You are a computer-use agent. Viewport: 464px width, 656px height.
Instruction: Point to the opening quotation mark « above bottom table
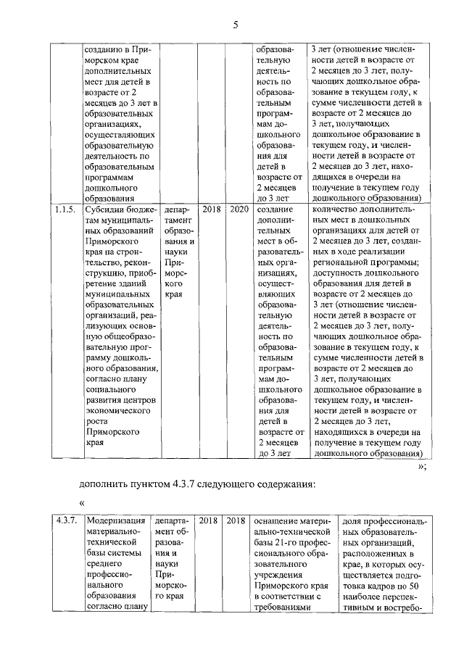tap(83, 502)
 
